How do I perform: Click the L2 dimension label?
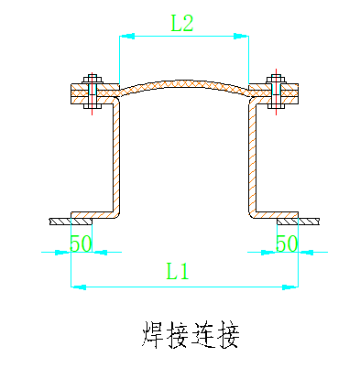(x=182, y=24)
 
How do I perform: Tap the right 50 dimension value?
(x=287, y=244)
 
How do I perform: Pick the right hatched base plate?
(x=298, y=221)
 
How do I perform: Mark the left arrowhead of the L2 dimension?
(x=125, y=37)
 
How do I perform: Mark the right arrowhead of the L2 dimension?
(x=243, y=37)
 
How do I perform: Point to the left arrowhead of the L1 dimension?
(x=78, y=287)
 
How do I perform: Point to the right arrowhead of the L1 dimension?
(x=292, y=287)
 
